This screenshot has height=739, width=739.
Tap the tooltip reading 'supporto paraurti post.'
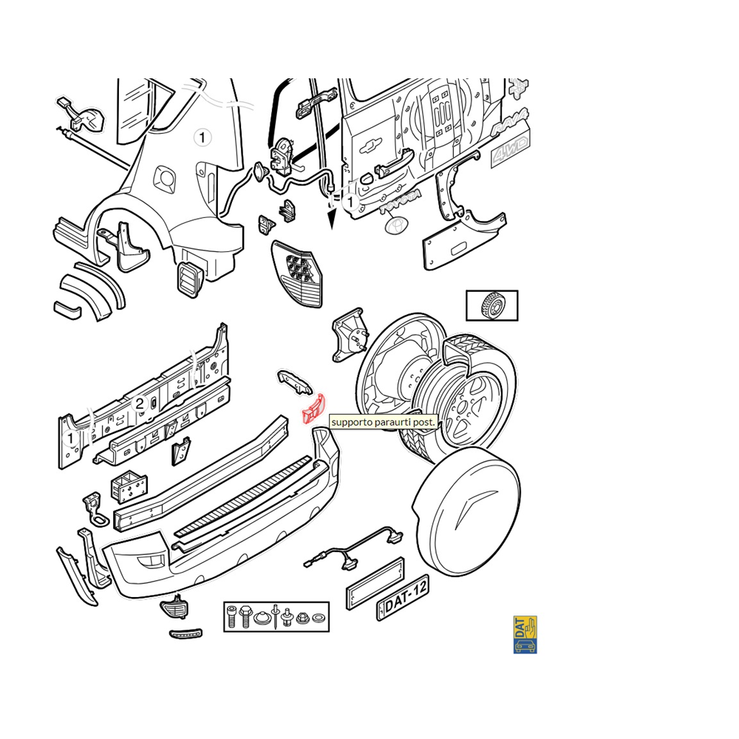click(383, 422)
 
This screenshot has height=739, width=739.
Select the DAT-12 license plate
click(403, 598)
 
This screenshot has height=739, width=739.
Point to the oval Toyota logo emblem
click(395, 225)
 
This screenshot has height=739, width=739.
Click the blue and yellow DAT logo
click(525, 634)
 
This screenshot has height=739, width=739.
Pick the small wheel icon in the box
click(491, 305)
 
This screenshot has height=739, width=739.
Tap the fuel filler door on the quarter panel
click(165, 179)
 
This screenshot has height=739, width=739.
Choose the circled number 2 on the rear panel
click(140, 403)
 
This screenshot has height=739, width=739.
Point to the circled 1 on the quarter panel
click(202, 137)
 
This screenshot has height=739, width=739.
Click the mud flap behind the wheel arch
click(132, 247)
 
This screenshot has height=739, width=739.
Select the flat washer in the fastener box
click(319, 617)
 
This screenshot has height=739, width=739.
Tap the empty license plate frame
click(375, 584)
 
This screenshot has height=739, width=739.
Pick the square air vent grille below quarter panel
click(191, 279)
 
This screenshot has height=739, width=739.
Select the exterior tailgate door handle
click(394, 163)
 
